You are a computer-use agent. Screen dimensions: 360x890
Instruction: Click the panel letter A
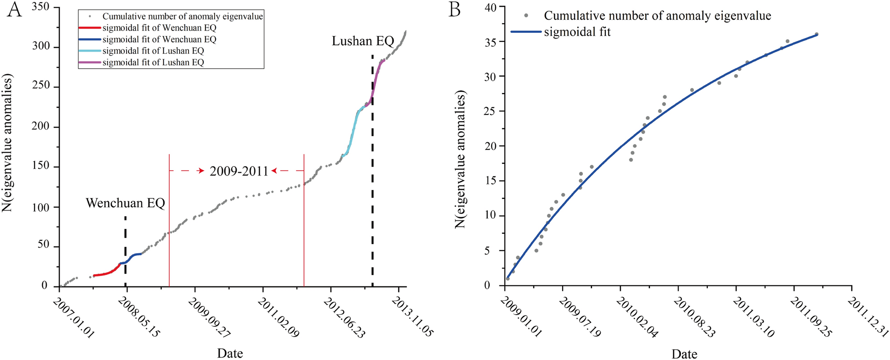click(14, 9)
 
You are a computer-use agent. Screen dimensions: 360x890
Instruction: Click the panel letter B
click(454, 9)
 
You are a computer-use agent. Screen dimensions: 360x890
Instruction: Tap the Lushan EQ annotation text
click(362, 41)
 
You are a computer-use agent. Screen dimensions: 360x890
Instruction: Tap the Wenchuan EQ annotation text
click(125, 203)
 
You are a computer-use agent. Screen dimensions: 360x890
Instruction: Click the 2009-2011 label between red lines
click(239, 171)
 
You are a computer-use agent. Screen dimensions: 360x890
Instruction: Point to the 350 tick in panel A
click(41, 8)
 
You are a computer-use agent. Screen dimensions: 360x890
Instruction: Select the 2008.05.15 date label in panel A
click(139, 317)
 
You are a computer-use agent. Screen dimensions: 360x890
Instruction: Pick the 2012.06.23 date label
click(344, 317)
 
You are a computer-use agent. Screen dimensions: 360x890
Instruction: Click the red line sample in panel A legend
click(90, 28)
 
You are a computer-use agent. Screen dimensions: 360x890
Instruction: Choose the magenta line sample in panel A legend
click(90, 63)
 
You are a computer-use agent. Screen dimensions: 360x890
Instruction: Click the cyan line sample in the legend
click(90, 51)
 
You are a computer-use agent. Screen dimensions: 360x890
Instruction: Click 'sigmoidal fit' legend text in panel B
click(577, 32)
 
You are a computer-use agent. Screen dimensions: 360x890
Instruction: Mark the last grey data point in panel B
click(816, 34)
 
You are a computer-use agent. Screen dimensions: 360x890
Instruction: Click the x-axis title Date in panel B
click(684, 354)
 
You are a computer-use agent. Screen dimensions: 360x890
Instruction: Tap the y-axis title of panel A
click(8, 143)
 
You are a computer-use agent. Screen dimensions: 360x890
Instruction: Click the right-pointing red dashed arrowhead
click(202, 171)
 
